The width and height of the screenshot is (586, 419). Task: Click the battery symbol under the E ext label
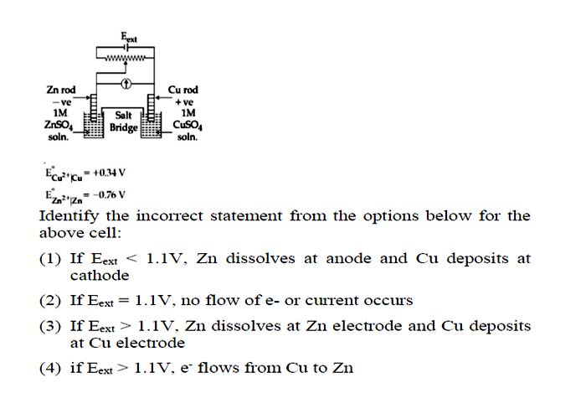click(x=126, y=48)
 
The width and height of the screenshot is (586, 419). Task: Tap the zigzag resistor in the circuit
click(x=125, y=58)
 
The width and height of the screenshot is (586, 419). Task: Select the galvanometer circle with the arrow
click(x=126, y=84)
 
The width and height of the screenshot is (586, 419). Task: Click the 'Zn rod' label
click(x=61, y=90)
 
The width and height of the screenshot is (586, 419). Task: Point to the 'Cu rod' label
click(x=182, y=90)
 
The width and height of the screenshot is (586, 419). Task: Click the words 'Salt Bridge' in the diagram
click(x=123, y=122)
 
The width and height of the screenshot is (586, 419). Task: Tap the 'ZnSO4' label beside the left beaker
click(x=59, y=125)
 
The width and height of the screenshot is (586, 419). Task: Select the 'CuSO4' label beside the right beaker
click(x=188, y=125)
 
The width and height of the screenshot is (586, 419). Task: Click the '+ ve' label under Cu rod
click(x=184, y=101)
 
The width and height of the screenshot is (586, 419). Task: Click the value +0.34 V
click(x=109, y=173)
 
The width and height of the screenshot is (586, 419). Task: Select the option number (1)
click(x=50, y=259)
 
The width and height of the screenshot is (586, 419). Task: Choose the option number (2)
click(x=50, y=301)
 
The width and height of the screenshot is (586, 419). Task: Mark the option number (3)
click(x=50, y=326)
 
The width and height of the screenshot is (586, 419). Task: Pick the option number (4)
click(x=50, y=368)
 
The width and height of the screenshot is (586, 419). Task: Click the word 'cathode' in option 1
click(x=100, y=276)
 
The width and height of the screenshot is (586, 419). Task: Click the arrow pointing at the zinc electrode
click(x=83, y=98)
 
